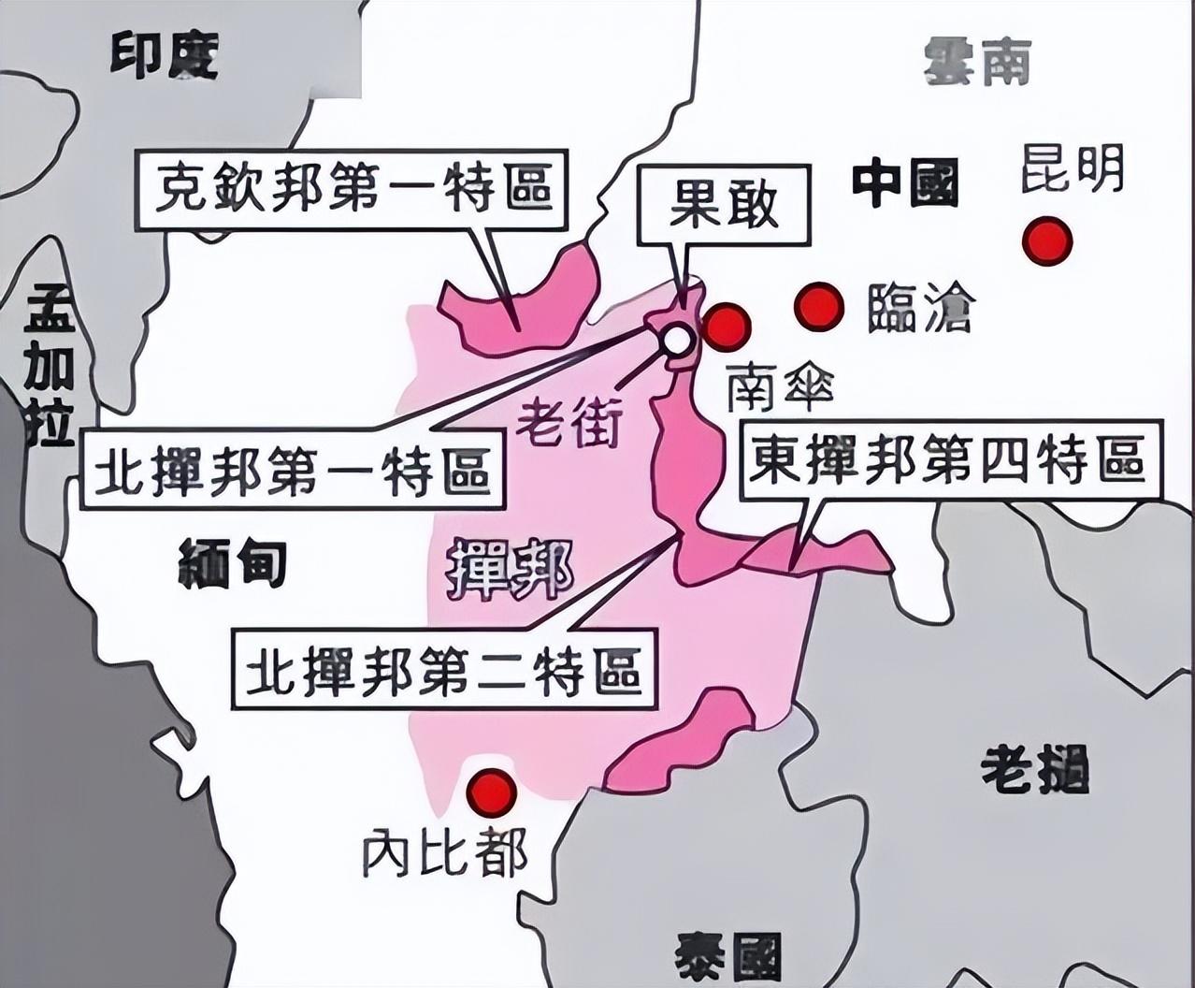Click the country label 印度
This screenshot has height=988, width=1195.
pyautogui.click(x=165, y=55)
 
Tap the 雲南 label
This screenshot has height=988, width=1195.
pyautogui.click(x=977, y=63)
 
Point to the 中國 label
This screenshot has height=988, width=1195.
pyautogui.click(x=905, y=183)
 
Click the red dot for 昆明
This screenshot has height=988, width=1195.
pyautogui.click(x=1046, y=241)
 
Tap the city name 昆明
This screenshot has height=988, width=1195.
pyautogui.click(x=1072, y=169)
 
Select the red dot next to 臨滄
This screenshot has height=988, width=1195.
pyautogui.click(x=819, y=306)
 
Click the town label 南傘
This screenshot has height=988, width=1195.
pyautogui.click(x=780, y=386)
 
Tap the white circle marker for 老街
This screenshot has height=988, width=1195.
pyautogui.click(x=676, y=340)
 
